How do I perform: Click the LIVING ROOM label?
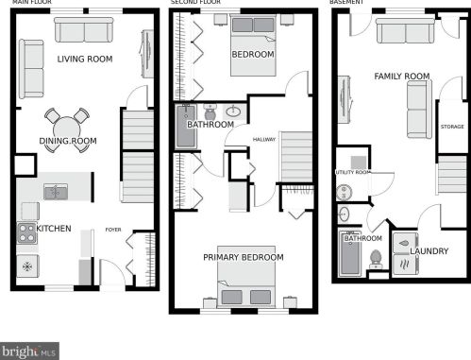[x=85, y=59]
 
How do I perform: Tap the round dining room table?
[x=67, y=129]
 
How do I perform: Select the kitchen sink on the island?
[x=56, y=192]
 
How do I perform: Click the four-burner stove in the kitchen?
[x=26, y=233]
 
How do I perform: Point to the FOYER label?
[x=113, y=230]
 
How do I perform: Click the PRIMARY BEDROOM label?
[x=244, y=257]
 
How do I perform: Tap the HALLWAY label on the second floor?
[x=264, y=139]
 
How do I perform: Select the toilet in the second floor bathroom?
[x=210, y=111]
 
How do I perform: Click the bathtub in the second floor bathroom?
[x=186, y=127]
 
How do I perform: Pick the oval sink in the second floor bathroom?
[x=233, y=111]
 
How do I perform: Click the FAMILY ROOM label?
[x=402, y=77]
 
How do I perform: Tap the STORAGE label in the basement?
[x=452, y=127]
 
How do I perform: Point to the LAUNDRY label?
[x=429, y=251]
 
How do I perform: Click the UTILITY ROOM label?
[x=353, y=172]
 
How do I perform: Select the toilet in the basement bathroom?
[x=376, y=259]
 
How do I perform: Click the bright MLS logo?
[x=29, y=351]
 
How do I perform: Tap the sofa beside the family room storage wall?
[x=419, y=110]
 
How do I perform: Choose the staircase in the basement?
[x=452, y=174]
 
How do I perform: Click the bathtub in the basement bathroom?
[x=349, y=254]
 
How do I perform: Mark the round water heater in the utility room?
[x=344, y=192]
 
